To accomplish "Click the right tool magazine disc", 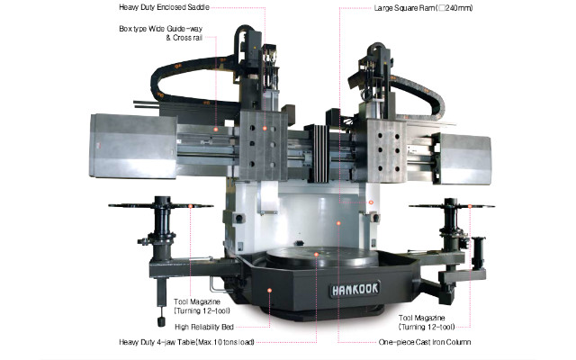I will [447, 206].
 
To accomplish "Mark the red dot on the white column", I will [337, 220].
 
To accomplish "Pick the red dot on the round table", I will [317, 254].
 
